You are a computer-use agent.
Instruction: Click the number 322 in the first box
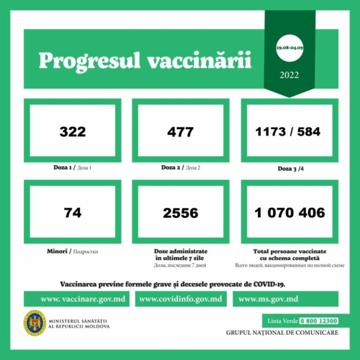tap(72, 131)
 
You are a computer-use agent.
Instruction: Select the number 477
tap(180, 131)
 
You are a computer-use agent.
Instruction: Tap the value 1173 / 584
tap(288, 131)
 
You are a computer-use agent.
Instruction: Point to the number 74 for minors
tap(72, 213)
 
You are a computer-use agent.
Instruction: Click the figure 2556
tap(180, 213)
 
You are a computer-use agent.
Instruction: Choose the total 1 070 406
tap(290, 213)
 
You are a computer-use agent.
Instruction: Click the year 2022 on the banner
tap(289, 75)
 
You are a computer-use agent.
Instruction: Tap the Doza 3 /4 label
tap(290, 169)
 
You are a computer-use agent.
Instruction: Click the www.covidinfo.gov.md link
tap(180, 299)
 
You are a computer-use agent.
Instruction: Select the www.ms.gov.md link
tap(268, 299)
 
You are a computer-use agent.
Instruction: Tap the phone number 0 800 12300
tap(319, 321)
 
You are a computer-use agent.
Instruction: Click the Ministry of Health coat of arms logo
tap(35, 323)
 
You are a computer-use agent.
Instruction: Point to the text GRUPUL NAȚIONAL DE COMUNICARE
tap(282, 333)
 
